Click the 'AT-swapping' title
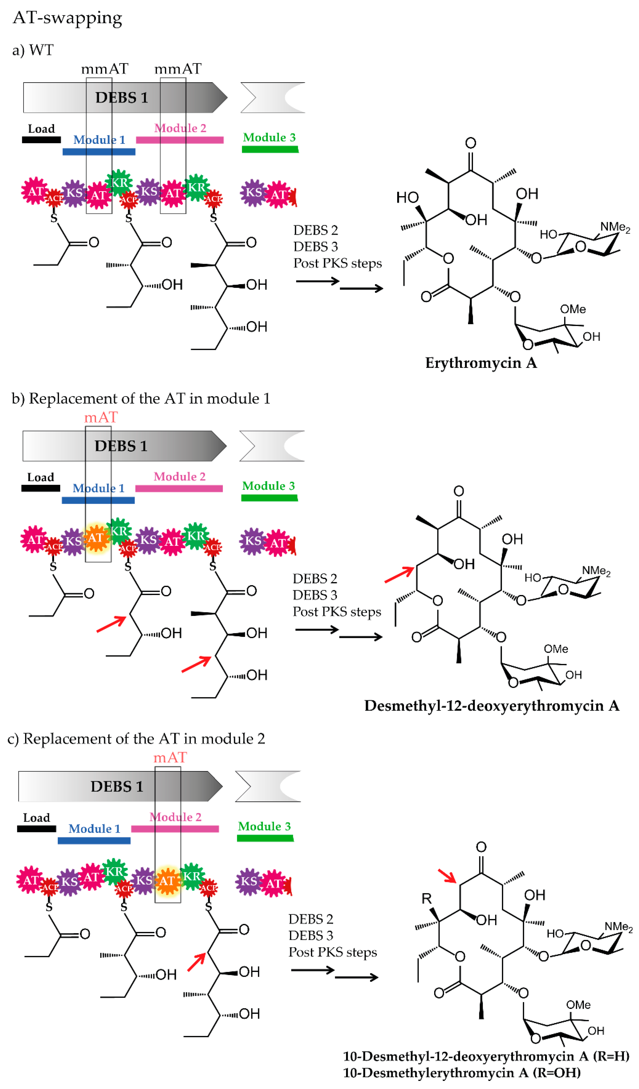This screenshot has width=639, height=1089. pyautogui.click(x=67, y=18)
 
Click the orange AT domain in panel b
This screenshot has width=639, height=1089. pyautogui.click(x=96, y=538)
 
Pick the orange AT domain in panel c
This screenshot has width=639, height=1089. pyautogui.click(x=167, y=880)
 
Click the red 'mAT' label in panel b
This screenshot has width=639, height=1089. pyautogui.click(x=101, y=418)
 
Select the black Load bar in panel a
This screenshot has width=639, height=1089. pyautogui.click(x=41, y=140)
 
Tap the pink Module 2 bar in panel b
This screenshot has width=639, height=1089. pyautogui.click(x=179, y=488)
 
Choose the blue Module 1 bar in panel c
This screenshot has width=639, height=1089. pyautogui.click(x=94, y=840)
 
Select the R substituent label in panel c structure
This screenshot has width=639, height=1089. pyautogui.click(x=426, y=899)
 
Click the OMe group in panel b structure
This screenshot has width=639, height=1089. pyautogui.click(x=555, y=649)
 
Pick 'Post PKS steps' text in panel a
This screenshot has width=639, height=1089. pyautogui.click(x=337, y=263)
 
